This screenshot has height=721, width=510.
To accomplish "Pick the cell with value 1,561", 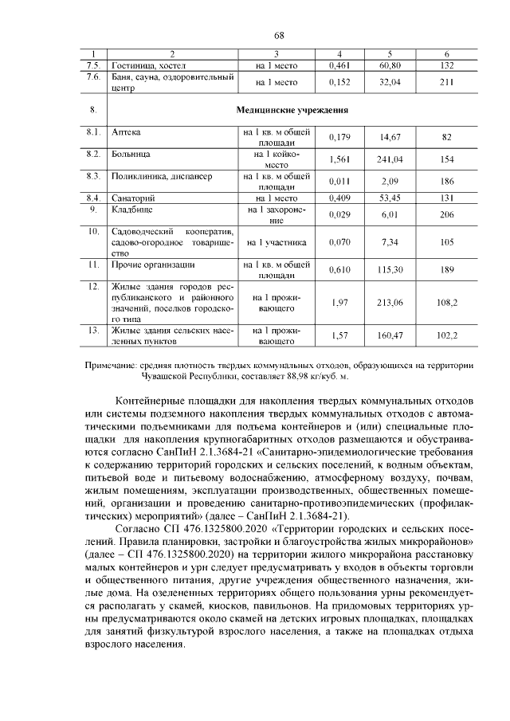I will (x=340, y=159).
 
